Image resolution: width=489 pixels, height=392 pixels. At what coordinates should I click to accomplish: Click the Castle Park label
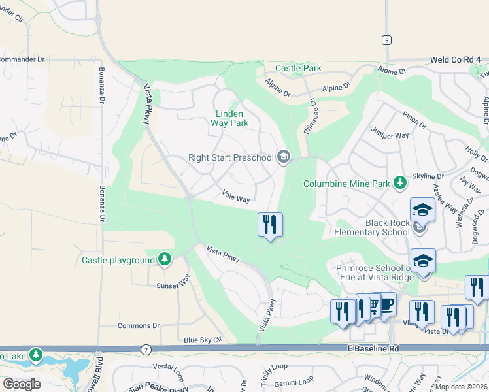(x=298, y=68)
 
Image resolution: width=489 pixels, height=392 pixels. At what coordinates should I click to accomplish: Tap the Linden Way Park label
(x=232, y=118)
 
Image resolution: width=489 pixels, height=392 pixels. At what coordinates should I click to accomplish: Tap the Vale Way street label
(x=236, y=195)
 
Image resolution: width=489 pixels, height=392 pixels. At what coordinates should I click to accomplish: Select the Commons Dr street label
(x=138, y=325)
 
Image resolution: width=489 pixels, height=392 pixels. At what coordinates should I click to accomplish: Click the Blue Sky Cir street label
(x=203, y=340)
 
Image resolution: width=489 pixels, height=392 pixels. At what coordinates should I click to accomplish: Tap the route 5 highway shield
(x=387, y=40)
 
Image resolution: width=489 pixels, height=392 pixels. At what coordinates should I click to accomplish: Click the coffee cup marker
(x=386, y=304)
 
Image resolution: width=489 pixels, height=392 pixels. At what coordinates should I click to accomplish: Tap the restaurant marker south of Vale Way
(x=270, y=225)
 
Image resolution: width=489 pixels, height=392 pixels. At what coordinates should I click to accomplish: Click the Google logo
(x=22, y=384)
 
